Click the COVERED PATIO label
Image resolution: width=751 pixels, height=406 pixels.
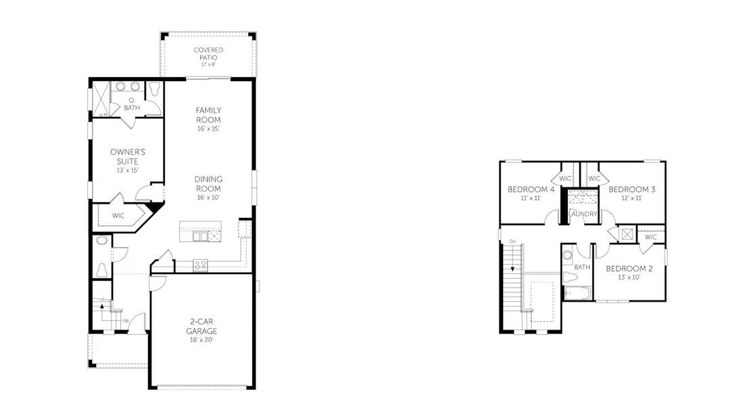pyautogui.click(x=208, y=54)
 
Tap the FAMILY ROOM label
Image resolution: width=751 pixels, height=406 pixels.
pyautogui.click(x=208, y=115)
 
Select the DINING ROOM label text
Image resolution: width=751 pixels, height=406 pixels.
pyautogui.click(x=208, y=183)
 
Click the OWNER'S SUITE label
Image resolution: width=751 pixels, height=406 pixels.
pyautogui.click(x=124, y=156)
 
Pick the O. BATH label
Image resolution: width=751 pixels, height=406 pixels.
pyautogui.click(x=131, y=104)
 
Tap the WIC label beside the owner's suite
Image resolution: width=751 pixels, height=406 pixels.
pyautogui.click(x=118, y=215)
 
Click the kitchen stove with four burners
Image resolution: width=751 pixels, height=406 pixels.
pyautogui.click(x=201, y=265)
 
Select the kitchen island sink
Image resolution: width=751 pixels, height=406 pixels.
pyautogui.click(x=200, y=235)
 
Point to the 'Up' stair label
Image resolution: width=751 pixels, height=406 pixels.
pyautogui.click(x=126, y=319)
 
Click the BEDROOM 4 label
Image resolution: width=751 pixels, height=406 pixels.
pyautogui.click(x=531, y=189)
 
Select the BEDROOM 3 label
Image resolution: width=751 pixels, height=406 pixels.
pyautogui.click(x=631, y=189)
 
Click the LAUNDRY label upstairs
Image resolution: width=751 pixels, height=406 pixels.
pyautogui.click(x=583, y=214)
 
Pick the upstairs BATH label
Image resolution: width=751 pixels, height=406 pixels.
pyautogui.click(x=582, y=267)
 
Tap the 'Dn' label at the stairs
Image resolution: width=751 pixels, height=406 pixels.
pyautogui.click(x=512, y=241)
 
